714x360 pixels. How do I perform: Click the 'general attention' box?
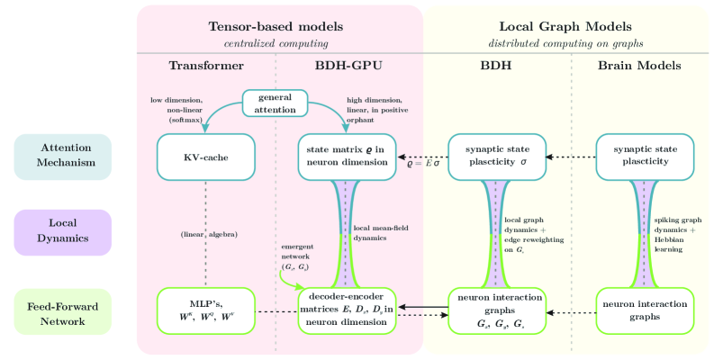pyautogui.click(x=276, y=103)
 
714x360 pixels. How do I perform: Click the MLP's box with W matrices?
pyautogui.click(x=206, y=310)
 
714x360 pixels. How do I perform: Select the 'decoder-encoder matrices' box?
pyautogui.click(x=347, y=311)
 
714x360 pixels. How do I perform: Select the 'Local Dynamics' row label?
pyautogui.click(x=62, y=232)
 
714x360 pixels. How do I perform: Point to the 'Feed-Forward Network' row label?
pyautogui.click(x=62, y=311)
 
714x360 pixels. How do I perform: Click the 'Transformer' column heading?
pyautogui.click(x=206, y=66)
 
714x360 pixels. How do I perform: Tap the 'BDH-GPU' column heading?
pyautogui.click(x=347, y=66)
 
